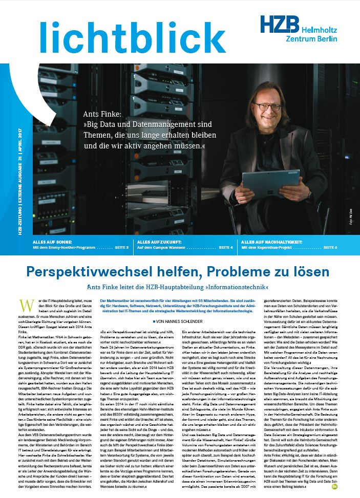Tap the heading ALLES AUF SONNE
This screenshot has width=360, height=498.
pyautogui.click(x=52, y=241)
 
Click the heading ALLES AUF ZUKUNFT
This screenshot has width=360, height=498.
pyautogui.click(x=160, y=241)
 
